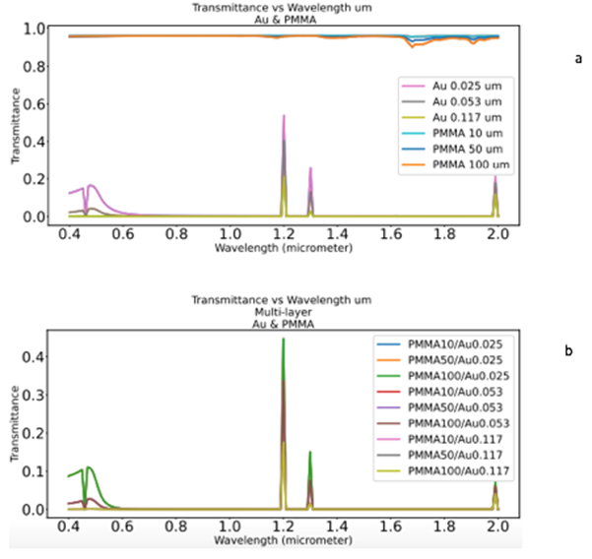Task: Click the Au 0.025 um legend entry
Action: click(x=461, y=87)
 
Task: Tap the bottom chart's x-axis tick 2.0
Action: click(x=496, y=527)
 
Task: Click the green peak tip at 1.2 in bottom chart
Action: click(x=283, y=339)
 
